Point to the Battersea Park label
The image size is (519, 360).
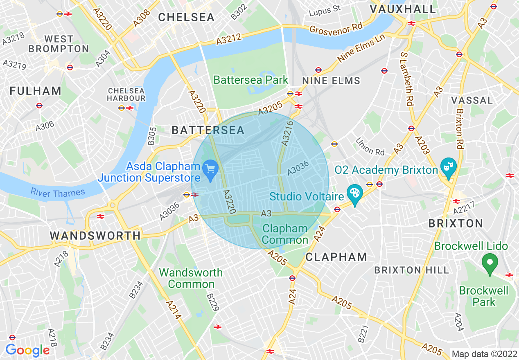[x=251, y=80]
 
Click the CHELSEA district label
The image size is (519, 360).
[x=186, y=17]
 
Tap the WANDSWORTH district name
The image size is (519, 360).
[x=95, y=236]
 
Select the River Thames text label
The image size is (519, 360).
[x=58, y=192]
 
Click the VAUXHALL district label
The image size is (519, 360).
[x=403, y=9]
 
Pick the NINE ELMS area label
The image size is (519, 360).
[x=331, y=81]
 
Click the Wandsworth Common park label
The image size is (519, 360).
[x=191, y=278]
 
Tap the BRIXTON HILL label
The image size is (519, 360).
[x=411, y=270]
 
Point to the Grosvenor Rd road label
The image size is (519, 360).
[x=336, y=29]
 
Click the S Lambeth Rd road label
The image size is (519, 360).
[x=407, y=78]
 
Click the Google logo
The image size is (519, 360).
[x=27, y=350]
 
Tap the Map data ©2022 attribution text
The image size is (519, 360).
[x=484, y=353]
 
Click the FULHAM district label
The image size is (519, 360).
[x=36, y=91]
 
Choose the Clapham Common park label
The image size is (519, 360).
[x=285, y=234]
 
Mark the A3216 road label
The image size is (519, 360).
[x=288, y=133]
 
